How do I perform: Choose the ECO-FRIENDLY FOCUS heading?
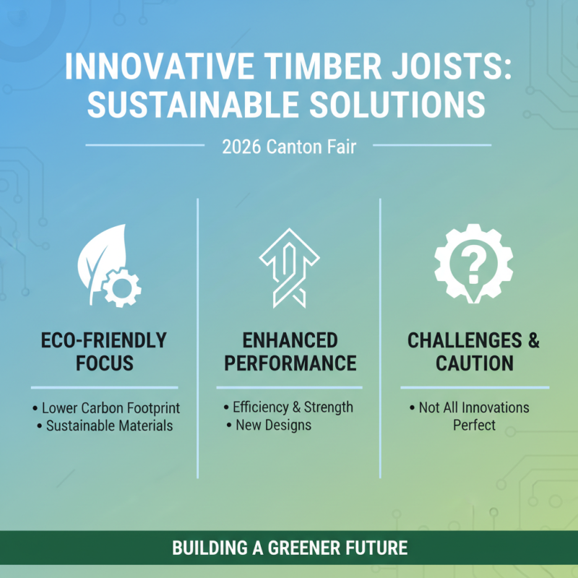105,351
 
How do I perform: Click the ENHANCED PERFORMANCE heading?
289,351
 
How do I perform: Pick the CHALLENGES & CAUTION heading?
473,351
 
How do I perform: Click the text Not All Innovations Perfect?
473,416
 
